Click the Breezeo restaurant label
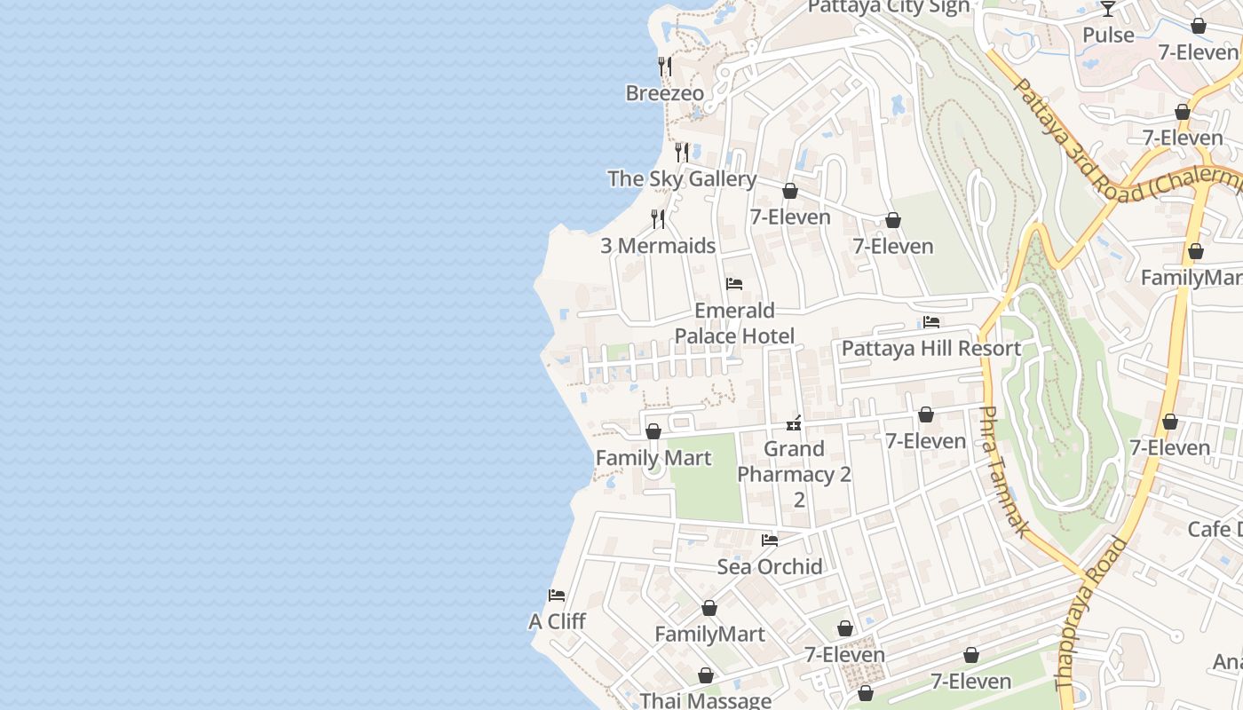point(664,93)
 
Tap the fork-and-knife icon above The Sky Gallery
point(682,152)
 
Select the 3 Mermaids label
point(658,246)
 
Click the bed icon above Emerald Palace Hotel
point(734,284)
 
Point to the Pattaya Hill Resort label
point(931,348)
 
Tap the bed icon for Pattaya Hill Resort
point(931,322)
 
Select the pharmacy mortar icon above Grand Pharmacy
point(795,423)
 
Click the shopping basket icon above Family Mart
point(653,431)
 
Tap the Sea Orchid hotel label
point(770,566)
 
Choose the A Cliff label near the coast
point(557,621)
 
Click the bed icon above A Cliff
point(557,595)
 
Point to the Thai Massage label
point(705,700)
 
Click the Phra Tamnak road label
point(1003,470)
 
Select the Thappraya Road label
point(1090,612)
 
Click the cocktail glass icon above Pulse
point(1108,9)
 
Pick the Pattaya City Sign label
point(889,7)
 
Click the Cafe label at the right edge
point(1215,530)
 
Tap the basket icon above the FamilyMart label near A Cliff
point(709,608)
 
